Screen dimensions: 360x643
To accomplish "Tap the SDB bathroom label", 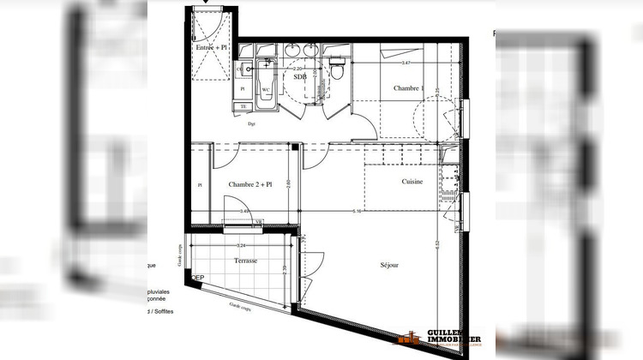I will (300, 76).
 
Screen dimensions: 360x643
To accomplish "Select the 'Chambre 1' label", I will (409, 88).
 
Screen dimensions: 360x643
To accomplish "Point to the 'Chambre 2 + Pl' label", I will (249, 184).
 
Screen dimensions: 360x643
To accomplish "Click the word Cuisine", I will (412, 182).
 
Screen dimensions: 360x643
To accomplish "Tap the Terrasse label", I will (246, 260).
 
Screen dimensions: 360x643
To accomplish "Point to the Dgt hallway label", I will (252, 124).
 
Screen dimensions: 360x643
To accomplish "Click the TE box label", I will (243, 106).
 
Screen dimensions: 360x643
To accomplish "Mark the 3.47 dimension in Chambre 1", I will (405, 63).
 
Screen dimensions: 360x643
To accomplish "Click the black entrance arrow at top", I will (204, 3).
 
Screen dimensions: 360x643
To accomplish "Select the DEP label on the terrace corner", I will (198, 278).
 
